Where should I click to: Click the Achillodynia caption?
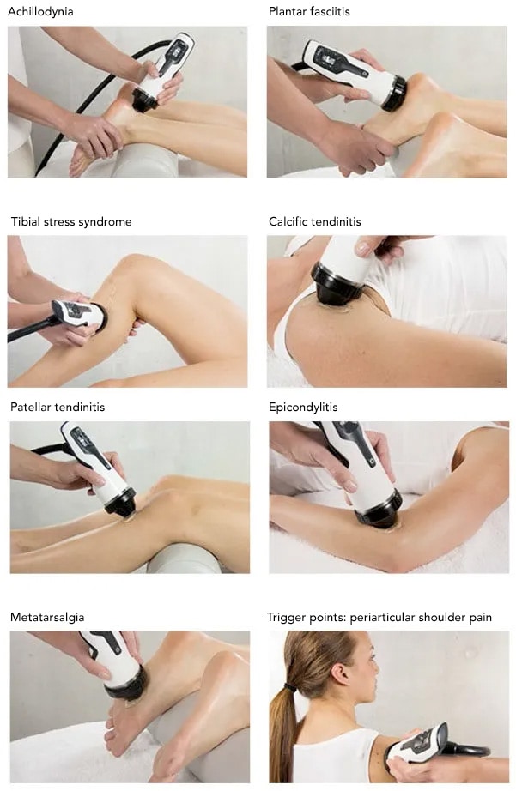(40, 12)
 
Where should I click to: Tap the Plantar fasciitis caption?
(309, 12)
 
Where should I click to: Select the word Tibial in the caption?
(26, 222)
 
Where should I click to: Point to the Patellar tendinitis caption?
(58, 408)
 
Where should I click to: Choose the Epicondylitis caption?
(303, 408)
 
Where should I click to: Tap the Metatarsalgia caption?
(47, 618)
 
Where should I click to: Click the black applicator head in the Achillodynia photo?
(145, 99)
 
